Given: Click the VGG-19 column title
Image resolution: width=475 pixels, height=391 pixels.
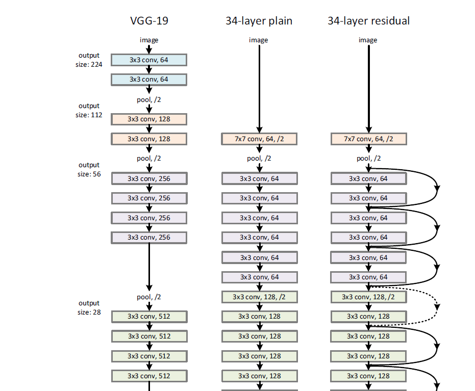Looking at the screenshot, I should pyautogui.click(x=148, y=21).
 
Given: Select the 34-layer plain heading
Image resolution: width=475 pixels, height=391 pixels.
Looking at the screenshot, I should pyautogui.click(x=259, y=21).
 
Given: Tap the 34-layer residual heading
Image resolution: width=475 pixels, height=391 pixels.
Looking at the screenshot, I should pyautogui.click(x=368, y=21).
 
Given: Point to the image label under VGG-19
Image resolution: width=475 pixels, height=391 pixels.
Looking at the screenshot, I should pyautogui.click(x=149, y=40).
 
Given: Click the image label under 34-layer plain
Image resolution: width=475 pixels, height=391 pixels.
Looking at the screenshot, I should pyautogui.click(x=258, y=40).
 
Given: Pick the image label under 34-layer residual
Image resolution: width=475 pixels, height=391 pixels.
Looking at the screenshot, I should pyautogui.click(x=368, y=40).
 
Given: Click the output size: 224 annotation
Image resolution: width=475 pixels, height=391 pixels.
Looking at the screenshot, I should pyautogui.click(x=89, y=60).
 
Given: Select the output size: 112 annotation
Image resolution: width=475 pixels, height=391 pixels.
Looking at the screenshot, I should pyautogui.click(x=89, y=110).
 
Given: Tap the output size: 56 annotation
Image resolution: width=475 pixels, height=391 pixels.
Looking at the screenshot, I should pyautogui.click(x=89, y=169).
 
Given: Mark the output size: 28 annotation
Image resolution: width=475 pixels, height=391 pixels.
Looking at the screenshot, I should pyautogui.click(x=89, y=307).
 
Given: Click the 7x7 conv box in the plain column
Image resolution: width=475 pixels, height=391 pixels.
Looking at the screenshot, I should pyautogui.click(x=259, y=139).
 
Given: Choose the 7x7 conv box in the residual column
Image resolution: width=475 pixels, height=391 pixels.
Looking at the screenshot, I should pyautogui.click(x=369, y=139).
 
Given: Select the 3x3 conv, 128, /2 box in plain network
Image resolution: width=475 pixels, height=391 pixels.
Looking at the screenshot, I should pyautogui.click(x=259, y=297).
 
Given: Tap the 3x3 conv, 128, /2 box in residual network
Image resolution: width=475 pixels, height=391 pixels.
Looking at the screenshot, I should pyautogui.click(x=369, y=297).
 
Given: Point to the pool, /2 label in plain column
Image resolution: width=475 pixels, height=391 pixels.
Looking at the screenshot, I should pyautogui.click(x=259, y=159).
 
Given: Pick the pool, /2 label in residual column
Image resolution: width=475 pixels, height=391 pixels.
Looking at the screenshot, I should pyautogui.click(x=369, y=159).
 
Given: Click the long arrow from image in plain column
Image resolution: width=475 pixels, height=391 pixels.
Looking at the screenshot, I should pyautogui.click(x=259, y=87).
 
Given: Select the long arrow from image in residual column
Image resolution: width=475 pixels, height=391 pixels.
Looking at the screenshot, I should pyautogui.click(x=368, y=87).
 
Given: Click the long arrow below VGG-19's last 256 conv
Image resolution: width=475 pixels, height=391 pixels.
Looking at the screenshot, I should pyautogui.click(x=149, y=265).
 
